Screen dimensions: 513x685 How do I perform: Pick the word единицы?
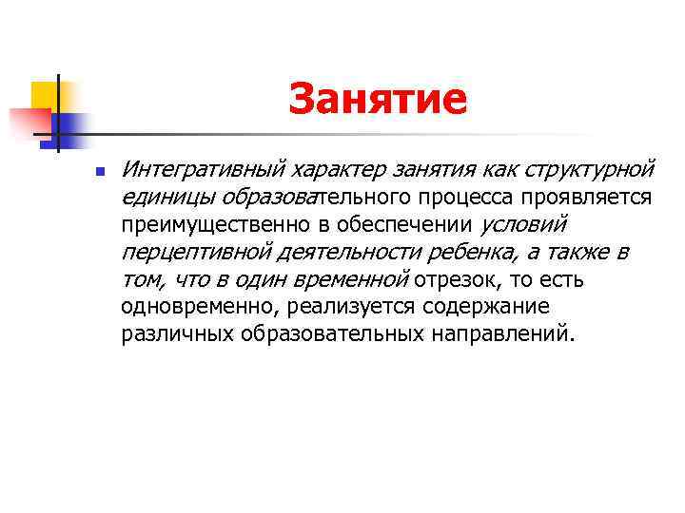coord(167,197)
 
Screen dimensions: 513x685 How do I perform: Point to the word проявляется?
coord(588,197)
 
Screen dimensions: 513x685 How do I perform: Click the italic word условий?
coord(524,225)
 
